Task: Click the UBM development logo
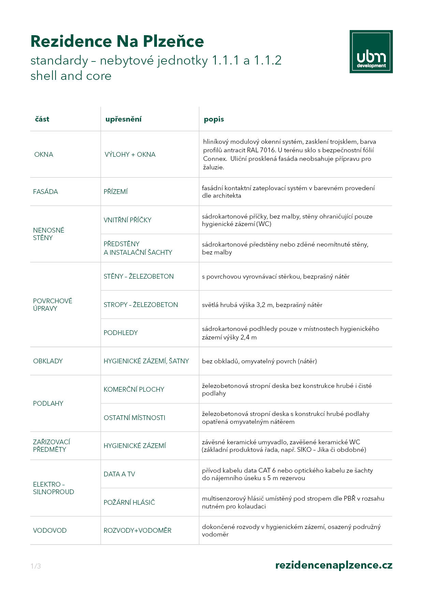371,52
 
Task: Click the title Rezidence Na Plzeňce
117,41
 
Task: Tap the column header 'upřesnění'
123,119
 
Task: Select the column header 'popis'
214,119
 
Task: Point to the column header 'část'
42,119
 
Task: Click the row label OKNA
44,154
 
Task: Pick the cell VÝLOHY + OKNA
130,154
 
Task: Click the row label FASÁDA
45,192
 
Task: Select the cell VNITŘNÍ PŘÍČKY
127,220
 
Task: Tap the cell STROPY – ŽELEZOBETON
141,305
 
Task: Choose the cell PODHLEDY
120,333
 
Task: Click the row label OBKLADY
48,361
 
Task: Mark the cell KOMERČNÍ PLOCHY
134,389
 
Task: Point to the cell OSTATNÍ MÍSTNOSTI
134,418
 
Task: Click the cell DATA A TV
119,474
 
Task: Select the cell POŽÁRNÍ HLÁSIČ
129,502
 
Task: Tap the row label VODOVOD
49,530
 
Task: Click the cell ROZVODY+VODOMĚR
137,530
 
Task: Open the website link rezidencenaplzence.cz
334,565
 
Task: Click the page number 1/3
35,566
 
